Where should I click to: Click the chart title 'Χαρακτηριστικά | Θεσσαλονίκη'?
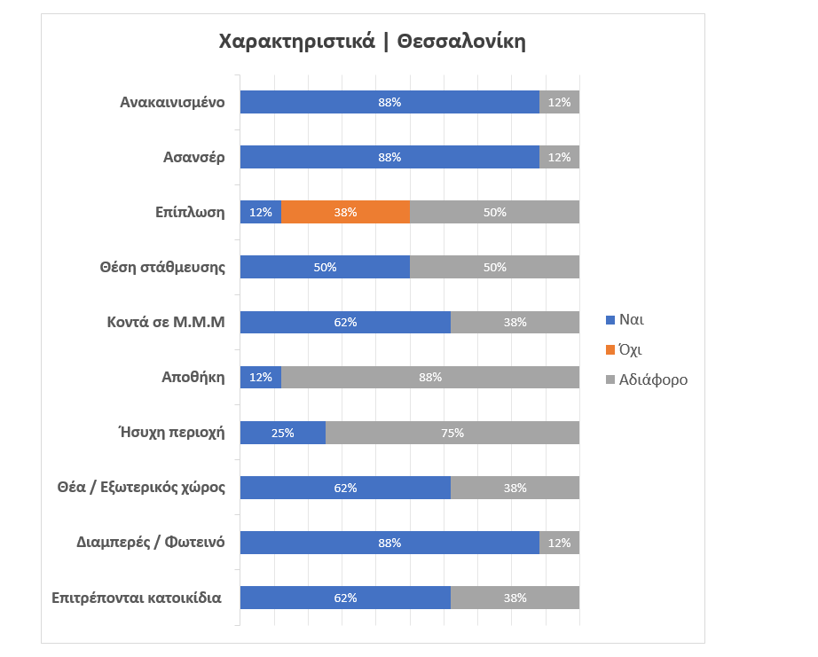click(372, 42)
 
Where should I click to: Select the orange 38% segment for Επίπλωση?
click(345, 212)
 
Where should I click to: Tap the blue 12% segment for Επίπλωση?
click(261, 212)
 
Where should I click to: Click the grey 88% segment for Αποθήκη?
click(430, 378)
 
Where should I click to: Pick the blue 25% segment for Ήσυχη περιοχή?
click(283, 433)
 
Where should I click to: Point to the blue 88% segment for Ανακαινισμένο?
click(389, 102)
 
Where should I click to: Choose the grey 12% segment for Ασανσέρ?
click(559, 157)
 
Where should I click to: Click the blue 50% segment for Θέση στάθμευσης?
click(325, 267)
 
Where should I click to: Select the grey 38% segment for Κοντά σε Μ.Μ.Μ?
click(515, 322)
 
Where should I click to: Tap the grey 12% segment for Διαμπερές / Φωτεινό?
click(559, 543)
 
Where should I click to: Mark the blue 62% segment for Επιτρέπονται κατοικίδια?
click(345, 598)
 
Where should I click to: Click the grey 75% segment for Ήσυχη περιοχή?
click(452, 433)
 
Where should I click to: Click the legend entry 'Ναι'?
click(631, 319)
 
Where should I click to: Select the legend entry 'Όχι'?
click(630, 349)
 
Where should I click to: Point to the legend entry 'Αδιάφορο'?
click(653, 379)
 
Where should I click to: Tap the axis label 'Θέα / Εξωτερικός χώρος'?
click(153, 488)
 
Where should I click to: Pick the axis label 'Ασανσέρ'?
click(194, 157)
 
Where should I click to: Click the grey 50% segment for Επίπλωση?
click(494, 212)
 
